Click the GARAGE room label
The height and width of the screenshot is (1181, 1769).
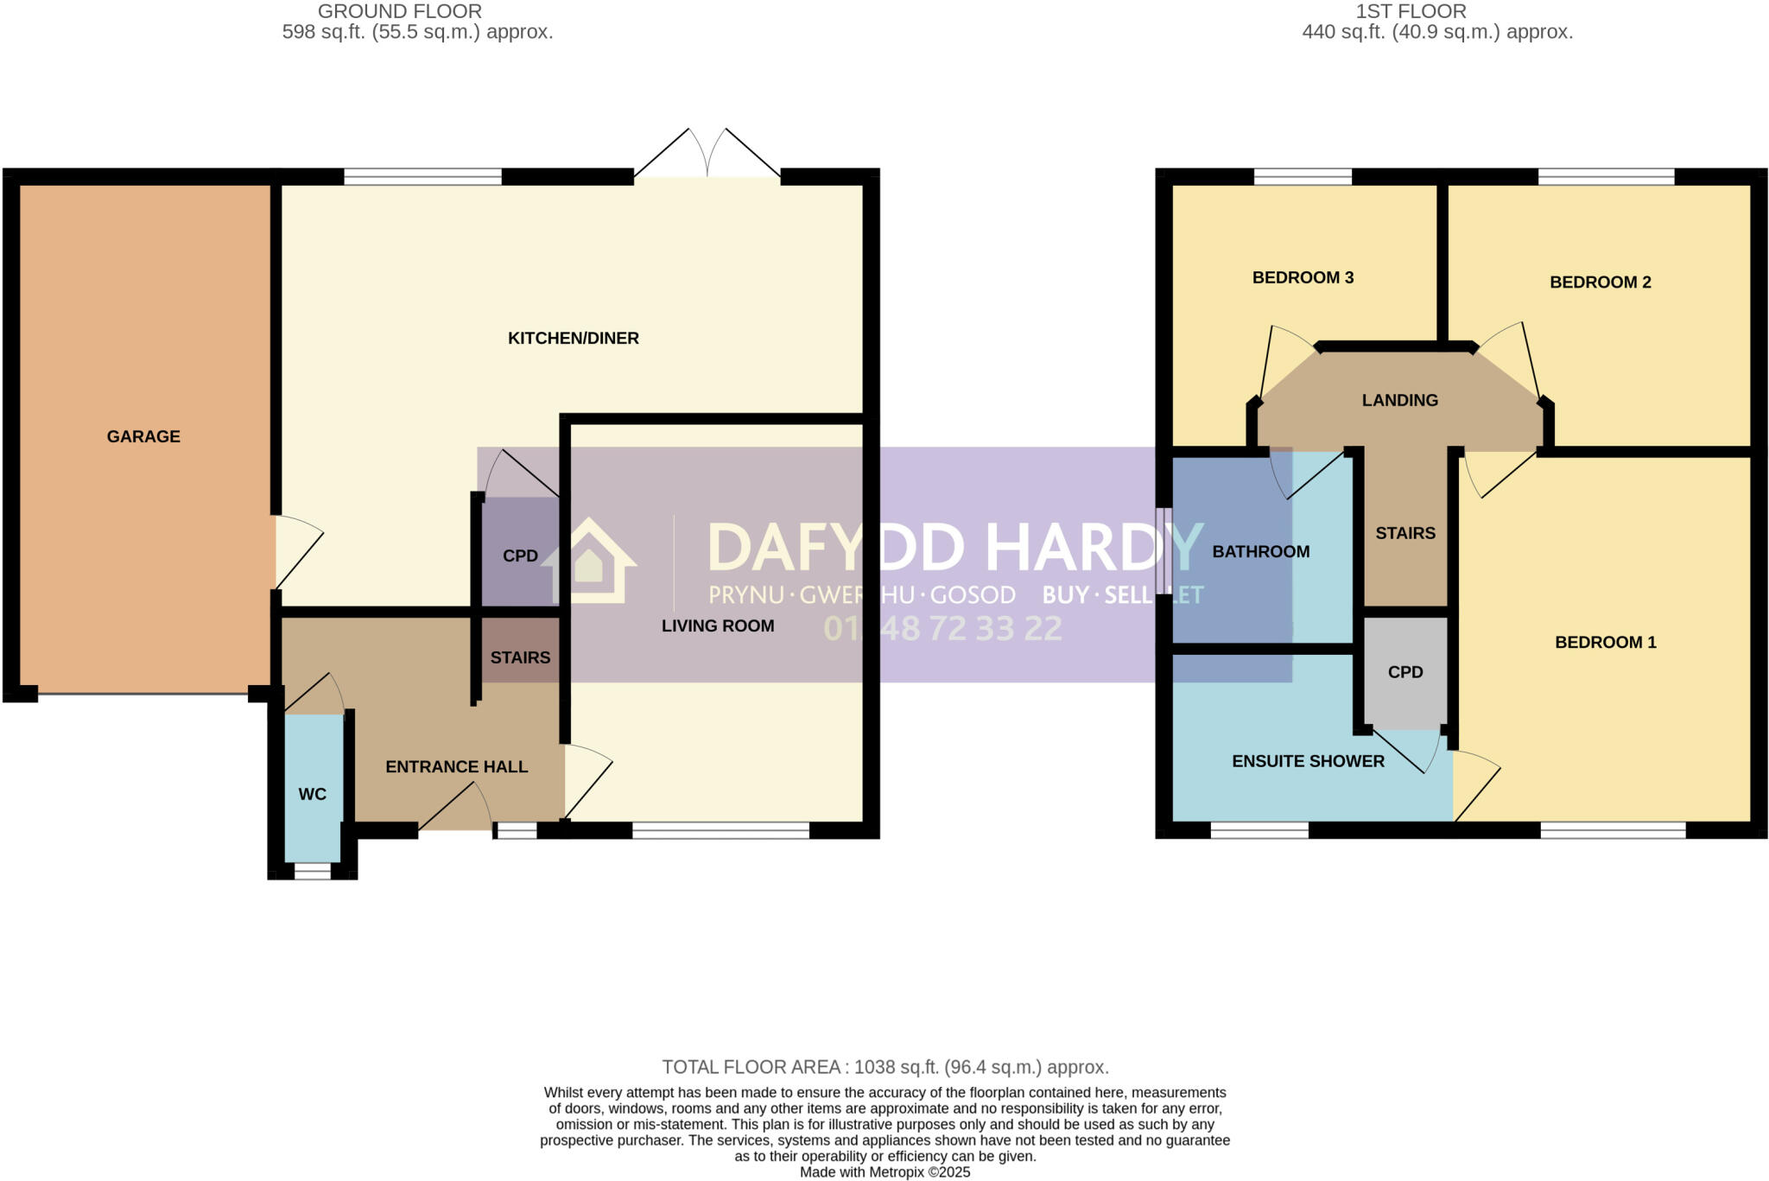point(143,436)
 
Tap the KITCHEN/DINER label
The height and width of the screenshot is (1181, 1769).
point(573,338)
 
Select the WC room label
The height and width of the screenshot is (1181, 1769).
point(312,794)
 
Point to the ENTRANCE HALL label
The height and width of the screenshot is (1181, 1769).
point(456,766)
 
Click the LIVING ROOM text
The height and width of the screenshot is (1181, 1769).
point(717,625)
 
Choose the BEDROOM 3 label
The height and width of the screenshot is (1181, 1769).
point(1303,277)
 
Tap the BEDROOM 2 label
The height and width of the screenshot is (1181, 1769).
point(1600,282)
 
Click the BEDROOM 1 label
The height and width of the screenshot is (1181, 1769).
point(1605,642)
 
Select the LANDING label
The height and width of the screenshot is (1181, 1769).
point(1399,400)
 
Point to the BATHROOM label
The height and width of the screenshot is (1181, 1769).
point(1260,551)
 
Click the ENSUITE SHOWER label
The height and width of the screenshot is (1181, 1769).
point(1308,761)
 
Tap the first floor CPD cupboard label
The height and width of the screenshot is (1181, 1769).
point(1404,672)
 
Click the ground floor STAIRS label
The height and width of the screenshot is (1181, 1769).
point(520,657)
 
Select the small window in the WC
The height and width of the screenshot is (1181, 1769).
point(312,872)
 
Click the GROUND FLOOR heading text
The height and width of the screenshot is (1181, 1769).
point(399,11)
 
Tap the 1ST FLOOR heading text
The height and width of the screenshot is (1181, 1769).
point(1411,11)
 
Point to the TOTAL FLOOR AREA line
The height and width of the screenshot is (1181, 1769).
point(884,1067)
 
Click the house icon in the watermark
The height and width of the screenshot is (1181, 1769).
point(589,562)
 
